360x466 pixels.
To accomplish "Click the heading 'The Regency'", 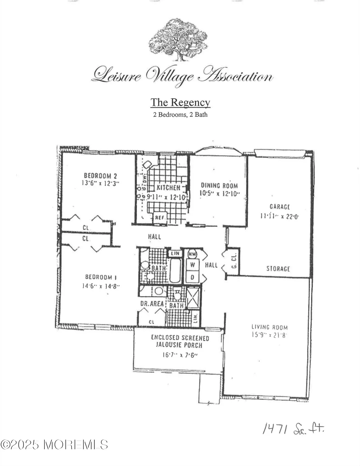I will pyautogui.click(x=180, y=102).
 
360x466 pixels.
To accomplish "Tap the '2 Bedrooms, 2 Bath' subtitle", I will pyautogui.click(x=180, y=115).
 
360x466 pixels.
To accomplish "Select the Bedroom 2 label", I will pyautogui.click(x=100, y=176).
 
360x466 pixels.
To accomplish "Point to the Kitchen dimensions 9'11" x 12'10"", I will pyautogui.click(x=166, y=197).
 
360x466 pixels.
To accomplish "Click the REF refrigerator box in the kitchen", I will pyautogui.click(x=160, y=217).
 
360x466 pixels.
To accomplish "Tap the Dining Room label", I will pyautogui.click(x=219, y=186).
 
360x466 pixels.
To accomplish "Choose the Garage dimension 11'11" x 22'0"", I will pyautogui.click(x=279, y=216).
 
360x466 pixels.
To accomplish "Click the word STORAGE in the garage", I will pyautogui.click(x=278, y=268).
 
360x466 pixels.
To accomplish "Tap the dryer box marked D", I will pyautogui.click(x=193, y=277).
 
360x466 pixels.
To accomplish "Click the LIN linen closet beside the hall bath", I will pyautogui.click(x=175, y=254).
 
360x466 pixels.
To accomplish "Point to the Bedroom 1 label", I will pyautogui.click(x=99, y=277).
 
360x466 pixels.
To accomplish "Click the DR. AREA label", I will pyautogui.click(x=152, y=304).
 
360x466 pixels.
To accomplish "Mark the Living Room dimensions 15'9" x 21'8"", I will pyautogui.click(x=269, y=335).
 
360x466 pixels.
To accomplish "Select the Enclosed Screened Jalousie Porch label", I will pyautogui.click(x=180, y=341).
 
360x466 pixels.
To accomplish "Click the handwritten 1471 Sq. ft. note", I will pyautogui.click(x=293, y=430).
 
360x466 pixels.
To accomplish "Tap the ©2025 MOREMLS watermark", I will pyautogui.click(x=54, y=445).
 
